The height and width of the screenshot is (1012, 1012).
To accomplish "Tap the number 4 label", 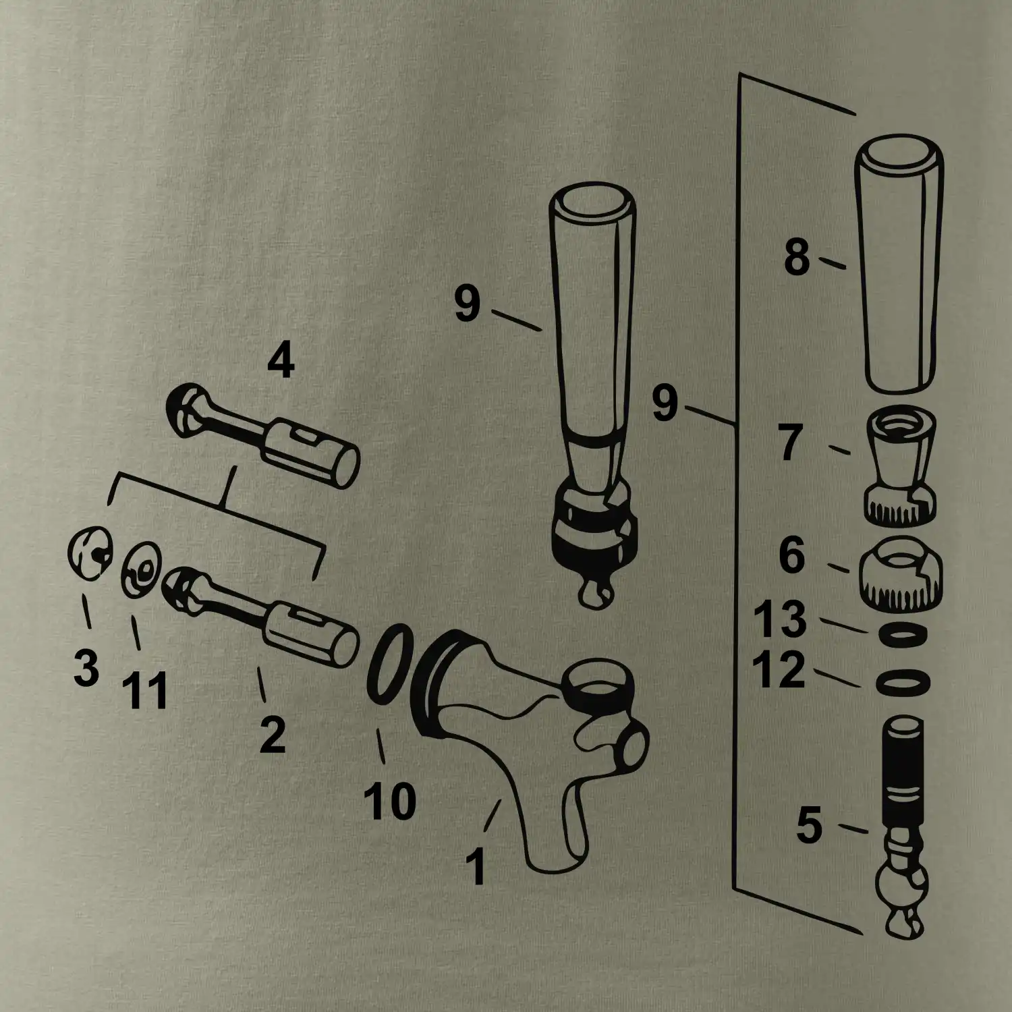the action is [281, 363].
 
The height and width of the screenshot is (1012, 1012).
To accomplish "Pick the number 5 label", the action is [809, 826].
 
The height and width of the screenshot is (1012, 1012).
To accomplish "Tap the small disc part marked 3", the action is [89, 555].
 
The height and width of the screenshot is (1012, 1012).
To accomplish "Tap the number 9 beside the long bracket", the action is [664, 405].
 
